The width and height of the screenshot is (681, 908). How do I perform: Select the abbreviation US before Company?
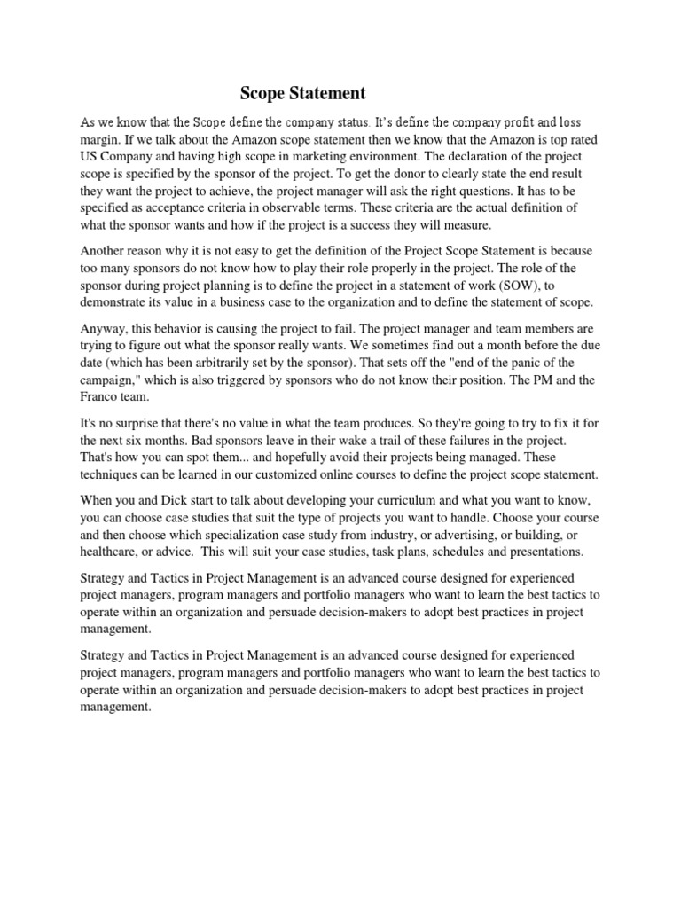tap(90, 156)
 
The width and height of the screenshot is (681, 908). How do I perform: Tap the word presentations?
tap(546, 552)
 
